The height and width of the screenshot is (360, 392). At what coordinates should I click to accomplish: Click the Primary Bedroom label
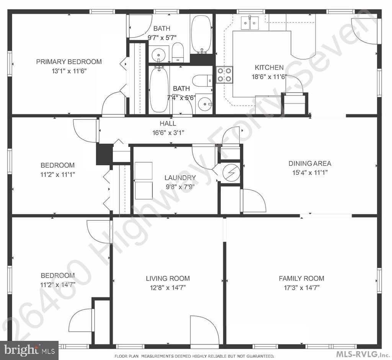69,62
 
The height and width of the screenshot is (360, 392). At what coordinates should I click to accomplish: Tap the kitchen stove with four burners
224,75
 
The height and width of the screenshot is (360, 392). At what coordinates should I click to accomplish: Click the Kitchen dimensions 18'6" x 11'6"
269,77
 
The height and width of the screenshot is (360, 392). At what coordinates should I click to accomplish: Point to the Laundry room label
180,178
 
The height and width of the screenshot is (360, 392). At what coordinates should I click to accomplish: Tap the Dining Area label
310,163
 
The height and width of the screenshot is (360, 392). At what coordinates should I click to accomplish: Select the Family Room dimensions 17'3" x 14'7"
301,288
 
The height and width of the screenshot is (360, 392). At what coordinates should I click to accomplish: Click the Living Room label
168,279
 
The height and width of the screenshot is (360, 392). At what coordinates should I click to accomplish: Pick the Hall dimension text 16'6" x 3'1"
168,133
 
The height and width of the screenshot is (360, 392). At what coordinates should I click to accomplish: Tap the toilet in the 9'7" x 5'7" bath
178,52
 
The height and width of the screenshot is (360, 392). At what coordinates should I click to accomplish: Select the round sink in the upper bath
158,54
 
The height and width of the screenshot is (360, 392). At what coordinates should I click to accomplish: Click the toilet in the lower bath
201,81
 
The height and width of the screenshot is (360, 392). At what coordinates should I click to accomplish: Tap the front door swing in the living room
204,330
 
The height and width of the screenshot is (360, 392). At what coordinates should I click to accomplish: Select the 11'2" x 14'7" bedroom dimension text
58,285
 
